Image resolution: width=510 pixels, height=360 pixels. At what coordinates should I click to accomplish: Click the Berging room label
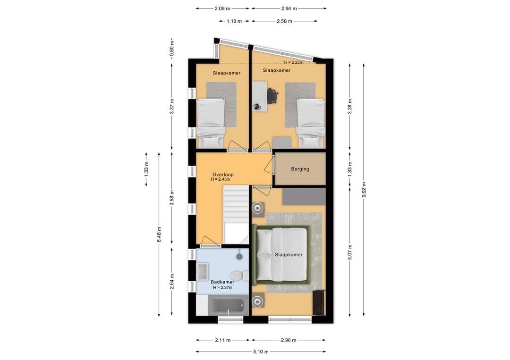point(300,169)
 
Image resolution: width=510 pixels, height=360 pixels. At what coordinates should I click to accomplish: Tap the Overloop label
point(223,175)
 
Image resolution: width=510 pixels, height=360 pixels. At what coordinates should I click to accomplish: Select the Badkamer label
point(222,282)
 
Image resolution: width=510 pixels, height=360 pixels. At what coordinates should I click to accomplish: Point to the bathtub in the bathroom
point(226,305)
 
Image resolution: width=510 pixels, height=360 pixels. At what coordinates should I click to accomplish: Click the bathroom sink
point(202,272)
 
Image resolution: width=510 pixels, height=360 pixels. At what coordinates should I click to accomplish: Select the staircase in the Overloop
point(236,214)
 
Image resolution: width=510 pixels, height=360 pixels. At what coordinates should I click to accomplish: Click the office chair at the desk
point(272,96)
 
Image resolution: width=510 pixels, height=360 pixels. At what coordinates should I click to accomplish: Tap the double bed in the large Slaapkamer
point(281,255)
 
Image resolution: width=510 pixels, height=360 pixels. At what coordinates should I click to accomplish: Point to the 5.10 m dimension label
point(261,352)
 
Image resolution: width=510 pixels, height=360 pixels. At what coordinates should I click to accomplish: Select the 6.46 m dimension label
point(159,234)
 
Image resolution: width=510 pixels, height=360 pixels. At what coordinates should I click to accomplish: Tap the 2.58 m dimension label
point(284,21)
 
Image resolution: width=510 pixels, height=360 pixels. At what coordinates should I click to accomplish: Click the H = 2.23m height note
point(294,62)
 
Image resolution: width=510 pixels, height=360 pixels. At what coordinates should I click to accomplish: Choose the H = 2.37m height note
point(223,287)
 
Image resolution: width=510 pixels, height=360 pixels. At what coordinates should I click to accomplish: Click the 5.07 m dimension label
point(350,252)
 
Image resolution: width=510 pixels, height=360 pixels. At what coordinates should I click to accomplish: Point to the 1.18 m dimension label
point(234,21)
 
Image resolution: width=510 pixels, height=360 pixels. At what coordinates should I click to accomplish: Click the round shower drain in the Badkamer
point(240,256)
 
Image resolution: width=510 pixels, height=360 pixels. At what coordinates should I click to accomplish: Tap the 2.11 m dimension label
point(223,340)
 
